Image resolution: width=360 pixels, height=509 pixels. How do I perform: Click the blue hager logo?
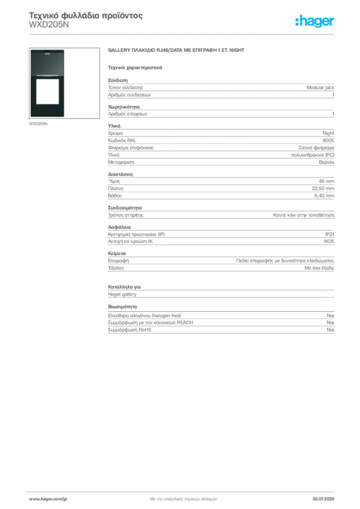coord(315,21)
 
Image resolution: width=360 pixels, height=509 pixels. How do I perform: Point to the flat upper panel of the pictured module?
coord(47,63)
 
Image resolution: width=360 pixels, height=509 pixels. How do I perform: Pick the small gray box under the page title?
coord(49,28)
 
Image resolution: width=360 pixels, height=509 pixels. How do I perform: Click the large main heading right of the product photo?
coord(177,51)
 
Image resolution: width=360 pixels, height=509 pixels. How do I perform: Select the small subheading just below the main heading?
coord(135,67)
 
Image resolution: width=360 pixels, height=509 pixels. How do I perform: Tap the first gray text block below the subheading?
coord(220,89)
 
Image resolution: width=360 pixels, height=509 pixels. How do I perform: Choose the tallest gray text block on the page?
coord(220,147)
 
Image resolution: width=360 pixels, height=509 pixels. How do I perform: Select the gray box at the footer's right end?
coord(326,496)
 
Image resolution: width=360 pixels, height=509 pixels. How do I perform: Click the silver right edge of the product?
coord(66,85)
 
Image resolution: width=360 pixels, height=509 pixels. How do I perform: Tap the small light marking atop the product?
coord(47,52)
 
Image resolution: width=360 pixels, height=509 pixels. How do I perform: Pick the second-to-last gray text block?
coord(220,292)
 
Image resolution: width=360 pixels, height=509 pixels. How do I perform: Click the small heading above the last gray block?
coord(123,306)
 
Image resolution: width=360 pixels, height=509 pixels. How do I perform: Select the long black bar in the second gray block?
coord(240,113)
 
